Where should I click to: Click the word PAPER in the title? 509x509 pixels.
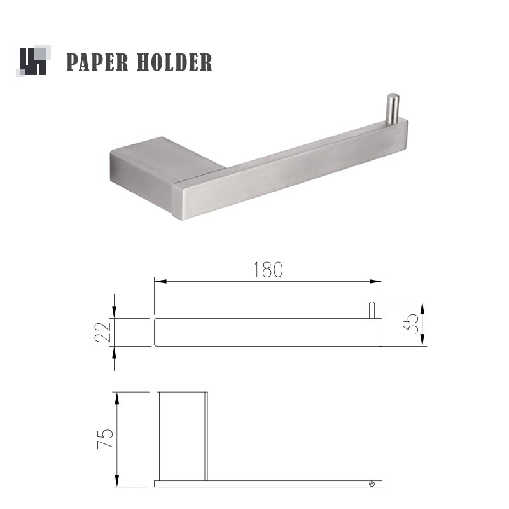point(97,62)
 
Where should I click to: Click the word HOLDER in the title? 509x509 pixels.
point(174,62)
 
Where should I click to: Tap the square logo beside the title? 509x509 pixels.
point(34,61)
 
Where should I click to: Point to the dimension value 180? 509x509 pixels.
point(268,270)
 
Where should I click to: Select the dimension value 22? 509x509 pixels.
point(104,332)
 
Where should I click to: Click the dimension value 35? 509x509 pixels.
point(410,323)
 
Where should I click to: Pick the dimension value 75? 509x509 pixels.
point(105,439)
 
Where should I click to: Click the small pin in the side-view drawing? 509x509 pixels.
point(372,310)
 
